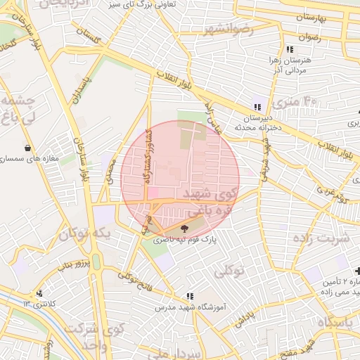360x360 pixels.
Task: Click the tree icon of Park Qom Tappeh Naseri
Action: point(185,228)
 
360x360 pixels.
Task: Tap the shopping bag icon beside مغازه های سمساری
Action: point(27,148)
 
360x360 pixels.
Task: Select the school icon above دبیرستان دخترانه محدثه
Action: point(257,108)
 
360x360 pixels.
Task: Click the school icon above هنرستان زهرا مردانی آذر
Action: point(289,49)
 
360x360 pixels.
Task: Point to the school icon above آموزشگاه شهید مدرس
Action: point(189,296)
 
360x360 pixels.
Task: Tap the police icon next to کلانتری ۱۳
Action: point(39,293)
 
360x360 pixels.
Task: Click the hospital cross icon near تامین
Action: point(357,271)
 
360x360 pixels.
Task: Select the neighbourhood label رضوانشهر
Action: point(227,30)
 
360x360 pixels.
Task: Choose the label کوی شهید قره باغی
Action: point(211,200)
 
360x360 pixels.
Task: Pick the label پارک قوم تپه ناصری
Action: point(185,240)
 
